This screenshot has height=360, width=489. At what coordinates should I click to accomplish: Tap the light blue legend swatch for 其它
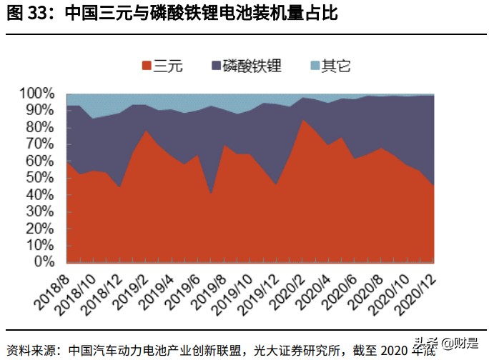click(315, 66)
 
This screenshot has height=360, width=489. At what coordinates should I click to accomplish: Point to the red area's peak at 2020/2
click(303, 119)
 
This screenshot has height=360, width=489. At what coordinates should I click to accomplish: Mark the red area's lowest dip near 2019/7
click(211, 194)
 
